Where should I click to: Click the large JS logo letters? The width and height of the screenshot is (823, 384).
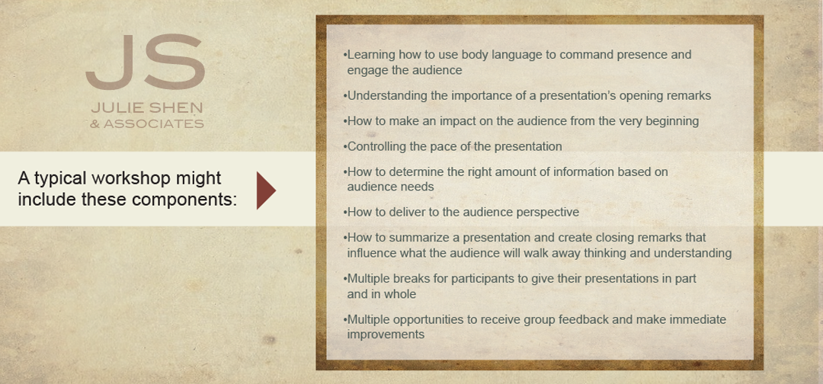146,62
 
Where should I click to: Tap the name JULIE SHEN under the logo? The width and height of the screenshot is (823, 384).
147,108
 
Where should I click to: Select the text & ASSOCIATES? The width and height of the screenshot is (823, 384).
147,124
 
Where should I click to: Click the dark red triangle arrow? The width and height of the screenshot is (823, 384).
266,190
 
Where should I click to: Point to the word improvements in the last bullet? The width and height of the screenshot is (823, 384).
386,334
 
